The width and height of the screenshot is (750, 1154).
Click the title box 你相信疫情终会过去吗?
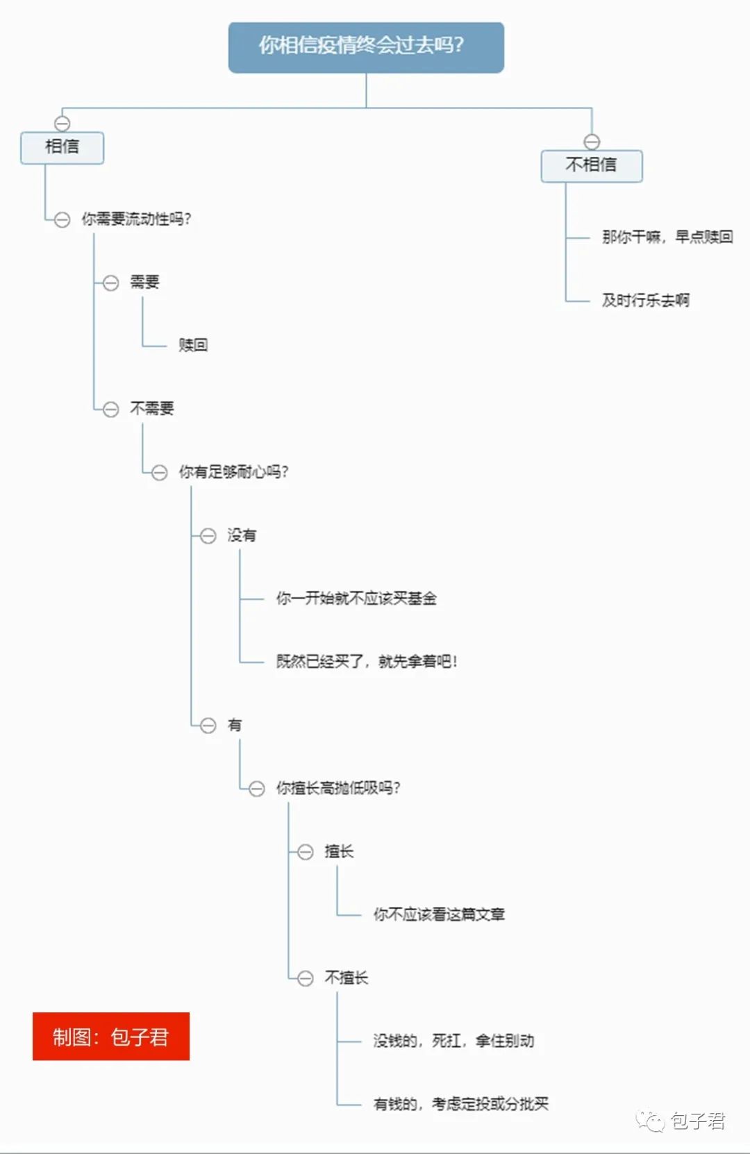[x=366, y=47]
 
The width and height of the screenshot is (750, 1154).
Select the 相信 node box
[x=62, y=147]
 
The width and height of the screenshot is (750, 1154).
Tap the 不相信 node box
[x=591, y=166]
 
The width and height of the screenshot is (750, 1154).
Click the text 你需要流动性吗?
[x=136, y=219]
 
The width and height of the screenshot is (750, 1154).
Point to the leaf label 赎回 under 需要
[x=193, y=345]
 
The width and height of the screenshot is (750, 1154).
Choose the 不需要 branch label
[x=152, y=408]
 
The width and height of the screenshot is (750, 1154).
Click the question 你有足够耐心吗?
[x=233, y=472]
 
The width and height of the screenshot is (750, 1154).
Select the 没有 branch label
[x=242, y=535]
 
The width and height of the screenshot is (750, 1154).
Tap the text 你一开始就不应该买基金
[x=356, y=599]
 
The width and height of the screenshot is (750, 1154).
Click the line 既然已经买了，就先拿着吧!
[x=367, y=662]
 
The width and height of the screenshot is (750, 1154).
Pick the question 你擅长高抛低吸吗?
[x=338, y=788]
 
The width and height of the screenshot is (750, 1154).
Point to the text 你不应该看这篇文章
[x=439, y=914]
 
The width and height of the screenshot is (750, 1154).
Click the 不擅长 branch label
[x=347, y=978]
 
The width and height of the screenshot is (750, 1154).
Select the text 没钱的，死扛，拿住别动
[x=453, y=1041]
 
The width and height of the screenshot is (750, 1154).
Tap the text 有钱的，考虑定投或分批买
[x=461, y=1104]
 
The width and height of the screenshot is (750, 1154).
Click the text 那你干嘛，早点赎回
[x=667, y=237]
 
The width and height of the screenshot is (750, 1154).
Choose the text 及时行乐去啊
[x=646, y=301]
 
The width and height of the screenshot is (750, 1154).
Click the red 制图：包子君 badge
[x=111, y=1037]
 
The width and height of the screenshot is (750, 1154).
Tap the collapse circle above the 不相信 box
[x=592, y=142]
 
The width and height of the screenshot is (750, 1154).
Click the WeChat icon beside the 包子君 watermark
[x=651, y=1121]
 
